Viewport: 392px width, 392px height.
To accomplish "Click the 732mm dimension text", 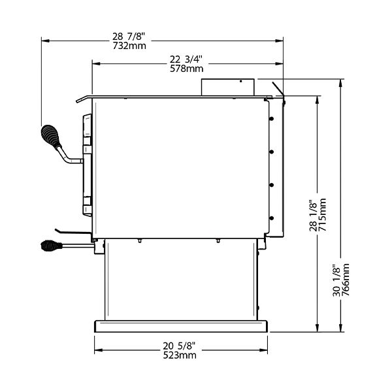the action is pyautogui.click(x=129, y=46).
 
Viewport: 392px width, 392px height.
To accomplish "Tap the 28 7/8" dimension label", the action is pyautogui.click(x=129, y=37).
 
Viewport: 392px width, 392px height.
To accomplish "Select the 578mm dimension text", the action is pyautogui.click(x=186, y=69).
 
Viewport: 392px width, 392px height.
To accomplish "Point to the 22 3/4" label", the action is pyautogui.click(x=186, y=59).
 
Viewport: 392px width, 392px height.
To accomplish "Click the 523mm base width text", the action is pyautogui.click(x=180, y=355).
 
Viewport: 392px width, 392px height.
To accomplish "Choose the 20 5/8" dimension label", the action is pyautogui.click(x=179, y=346).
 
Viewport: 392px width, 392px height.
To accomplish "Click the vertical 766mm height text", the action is pyautogui.click(x=345, y=280).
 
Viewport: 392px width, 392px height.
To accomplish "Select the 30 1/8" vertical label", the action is pyautogui.click(x=336, y=280).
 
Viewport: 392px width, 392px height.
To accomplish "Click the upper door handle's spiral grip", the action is pyautogui.click(x=51, y=137).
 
